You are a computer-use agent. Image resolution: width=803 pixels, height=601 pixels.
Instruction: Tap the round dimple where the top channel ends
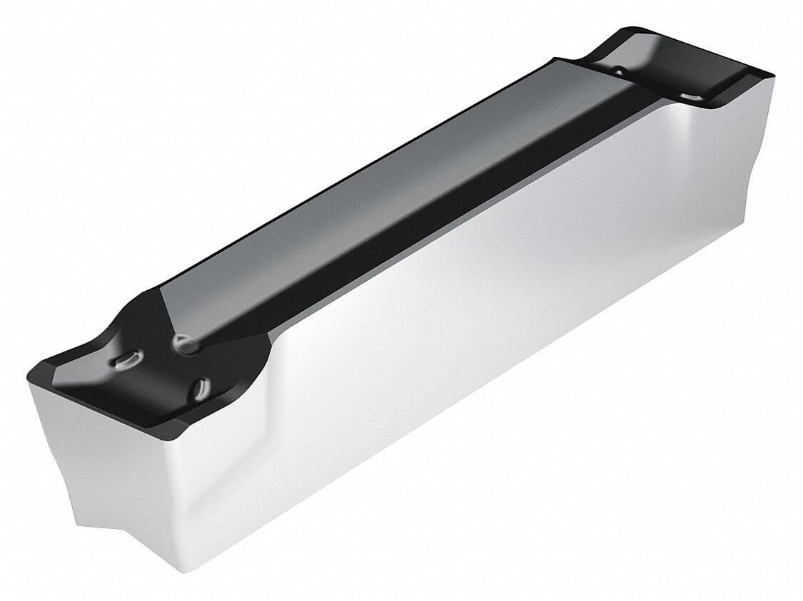tap(185, 345)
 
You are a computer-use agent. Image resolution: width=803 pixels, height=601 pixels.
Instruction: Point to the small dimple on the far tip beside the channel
tap(618, 71)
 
